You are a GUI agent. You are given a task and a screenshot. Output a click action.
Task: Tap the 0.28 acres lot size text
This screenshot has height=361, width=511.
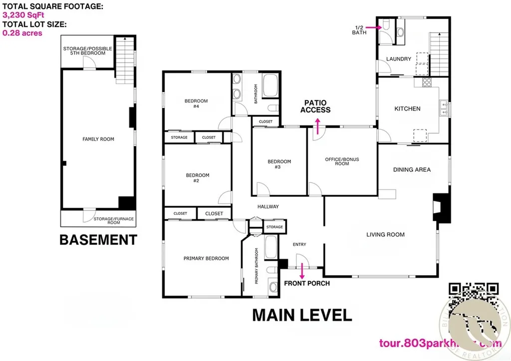(x=22, y=33)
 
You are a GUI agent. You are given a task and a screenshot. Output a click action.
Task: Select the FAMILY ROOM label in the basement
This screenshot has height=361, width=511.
(x=98, y=139)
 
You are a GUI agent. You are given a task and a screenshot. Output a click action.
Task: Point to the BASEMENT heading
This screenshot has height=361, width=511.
(x=98, y=240)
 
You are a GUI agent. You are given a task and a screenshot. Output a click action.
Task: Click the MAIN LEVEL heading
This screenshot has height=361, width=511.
(x=302, y=315)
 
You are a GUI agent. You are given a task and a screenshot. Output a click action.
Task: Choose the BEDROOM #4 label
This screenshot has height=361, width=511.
(x=196, y=103)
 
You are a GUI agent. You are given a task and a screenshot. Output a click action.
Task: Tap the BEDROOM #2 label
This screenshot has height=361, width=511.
(x=198, y=178)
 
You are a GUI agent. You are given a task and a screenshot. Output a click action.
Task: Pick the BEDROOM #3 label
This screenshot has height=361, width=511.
(x=279, y=164)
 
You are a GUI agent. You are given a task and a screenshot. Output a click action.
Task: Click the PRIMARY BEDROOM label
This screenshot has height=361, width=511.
(x=206, y=259)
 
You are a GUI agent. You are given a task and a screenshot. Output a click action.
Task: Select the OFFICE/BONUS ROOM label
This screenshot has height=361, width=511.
(x=342, y=162)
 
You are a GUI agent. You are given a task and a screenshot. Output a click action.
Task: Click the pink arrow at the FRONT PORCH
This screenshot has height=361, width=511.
(x=302, y=273)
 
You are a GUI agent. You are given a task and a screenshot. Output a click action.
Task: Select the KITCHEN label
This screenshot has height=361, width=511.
(x=407, y=109)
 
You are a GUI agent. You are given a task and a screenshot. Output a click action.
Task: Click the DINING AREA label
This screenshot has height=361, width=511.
(x=412, y=170)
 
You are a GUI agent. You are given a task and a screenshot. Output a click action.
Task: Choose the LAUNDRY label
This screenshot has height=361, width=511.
(x=399, y=59)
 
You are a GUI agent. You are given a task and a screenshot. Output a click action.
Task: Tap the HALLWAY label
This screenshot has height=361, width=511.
(x=268, y=207)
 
